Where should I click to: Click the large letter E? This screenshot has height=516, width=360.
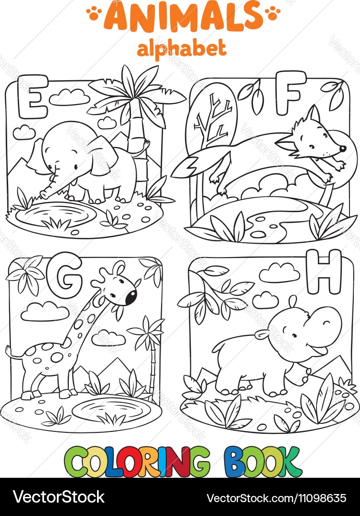point(26,94)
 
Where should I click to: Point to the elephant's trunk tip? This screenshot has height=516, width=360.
point(44,195)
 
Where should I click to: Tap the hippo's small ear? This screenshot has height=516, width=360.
point(262,333)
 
